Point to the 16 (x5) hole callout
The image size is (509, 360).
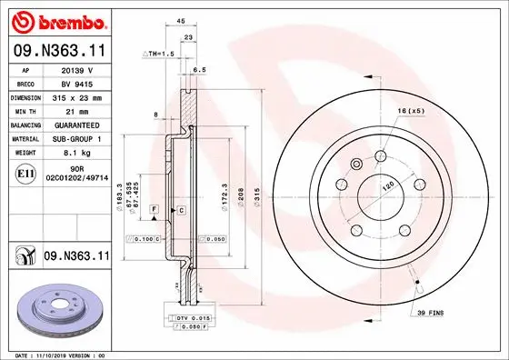tap(409, 111)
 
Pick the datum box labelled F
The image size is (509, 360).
tap(156, 210)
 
